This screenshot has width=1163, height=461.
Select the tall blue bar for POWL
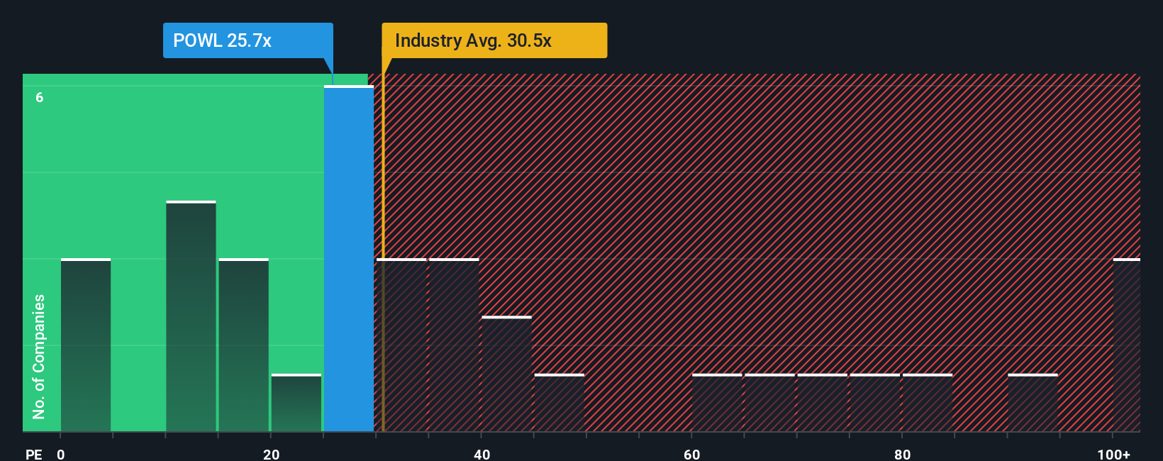coord(349,259)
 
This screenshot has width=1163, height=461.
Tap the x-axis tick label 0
coord(61,454)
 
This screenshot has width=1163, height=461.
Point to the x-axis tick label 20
coord(271,454)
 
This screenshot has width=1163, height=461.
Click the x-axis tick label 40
coord(482,454)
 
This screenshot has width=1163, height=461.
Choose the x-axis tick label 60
coord(691,454)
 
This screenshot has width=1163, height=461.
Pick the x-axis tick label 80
coord(902,454)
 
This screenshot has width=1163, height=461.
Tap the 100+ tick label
coord(1113,454)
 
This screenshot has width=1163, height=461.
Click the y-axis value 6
coord(40,97)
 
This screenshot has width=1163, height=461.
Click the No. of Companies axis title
coord(39,356)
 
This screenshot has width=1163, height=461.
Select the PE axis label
coord(33,454)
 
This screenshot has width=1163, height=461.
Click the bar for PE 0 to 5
coord(86,345)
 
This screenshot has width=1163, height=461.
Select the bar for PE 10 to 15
coord(191,316)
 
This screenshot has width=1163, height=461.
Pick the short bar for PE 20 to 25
coord(296,403)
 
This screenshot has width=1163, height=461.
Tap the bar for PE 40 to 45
coord(506,374)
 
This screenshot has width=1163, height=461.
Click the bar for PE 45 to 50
coord(560,403)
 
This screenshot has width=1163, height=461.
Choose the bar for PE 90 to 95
coord(1033,403)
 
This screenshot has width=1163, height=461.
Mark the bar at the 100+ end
coord(1126,345)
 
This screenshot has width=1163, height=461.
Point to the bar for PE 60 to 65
coord(717,403)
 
